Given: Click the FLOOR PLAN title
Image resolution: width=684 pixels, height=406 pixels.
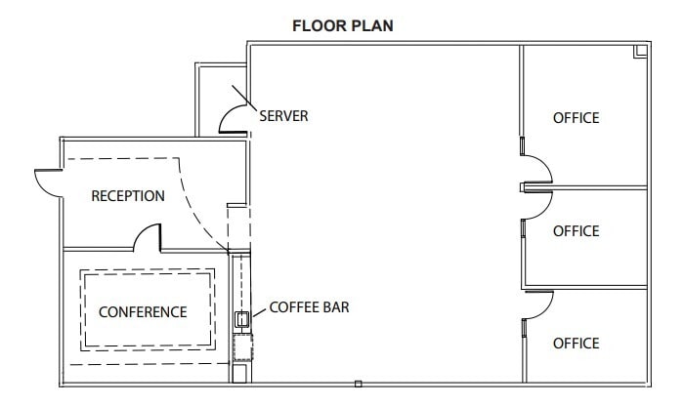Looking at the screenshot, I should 343,25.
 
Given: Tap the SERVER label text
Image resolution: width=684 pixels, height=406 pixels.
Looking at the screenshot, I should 283,116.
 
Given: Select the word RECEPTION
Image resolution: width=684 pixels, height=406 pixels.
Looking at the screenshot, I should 128,196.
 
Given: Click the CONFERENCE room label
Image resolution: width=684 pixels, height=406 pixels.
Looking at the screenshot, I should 143,312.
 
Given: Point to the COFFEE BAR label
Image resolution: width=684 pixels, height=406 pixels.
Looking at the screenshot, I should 310,307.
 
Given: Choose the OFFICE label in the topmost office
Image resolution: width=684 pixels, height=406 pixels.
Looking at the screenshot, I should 576,118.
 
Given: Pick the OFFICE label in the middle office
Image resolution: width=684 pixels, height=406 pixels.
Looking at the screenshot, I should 576,231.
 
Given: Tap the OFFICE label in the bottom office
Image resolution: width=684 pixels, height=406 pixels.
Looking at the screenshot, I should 576,344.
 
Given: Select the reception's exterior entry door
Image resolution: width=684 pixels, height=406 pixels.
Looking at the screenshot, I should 49,181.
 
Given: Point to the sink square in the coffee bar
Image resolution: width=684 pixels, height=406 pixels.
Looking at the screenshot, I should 240,317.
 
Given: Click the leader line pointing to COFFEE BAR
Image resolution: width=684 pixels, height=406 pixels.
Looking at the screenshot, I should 257,311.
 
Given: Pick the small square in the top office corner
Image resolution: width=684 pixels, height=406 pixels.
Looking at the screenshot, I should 641,51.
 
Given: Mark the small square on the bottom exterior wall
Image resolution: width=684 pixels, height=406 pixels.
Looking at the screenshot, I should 359,384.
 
